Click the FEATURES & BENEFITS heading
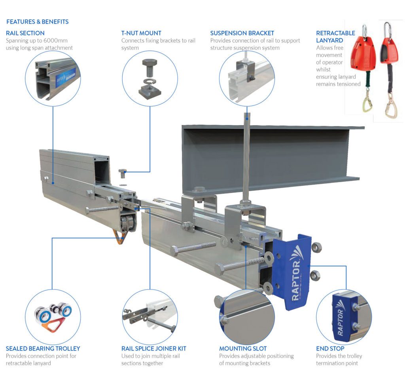[37, 22]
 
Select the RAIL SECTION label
[25, 33]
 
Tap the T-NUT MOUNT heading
[141, 33]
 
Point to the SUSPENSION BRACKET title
[242, 33]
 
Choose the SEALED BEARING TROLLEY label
[43, 349]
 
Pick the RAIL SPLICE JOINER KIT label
[153, 349]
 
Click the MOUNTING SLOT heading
[243, 349]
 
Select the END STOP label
[330, 349]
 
